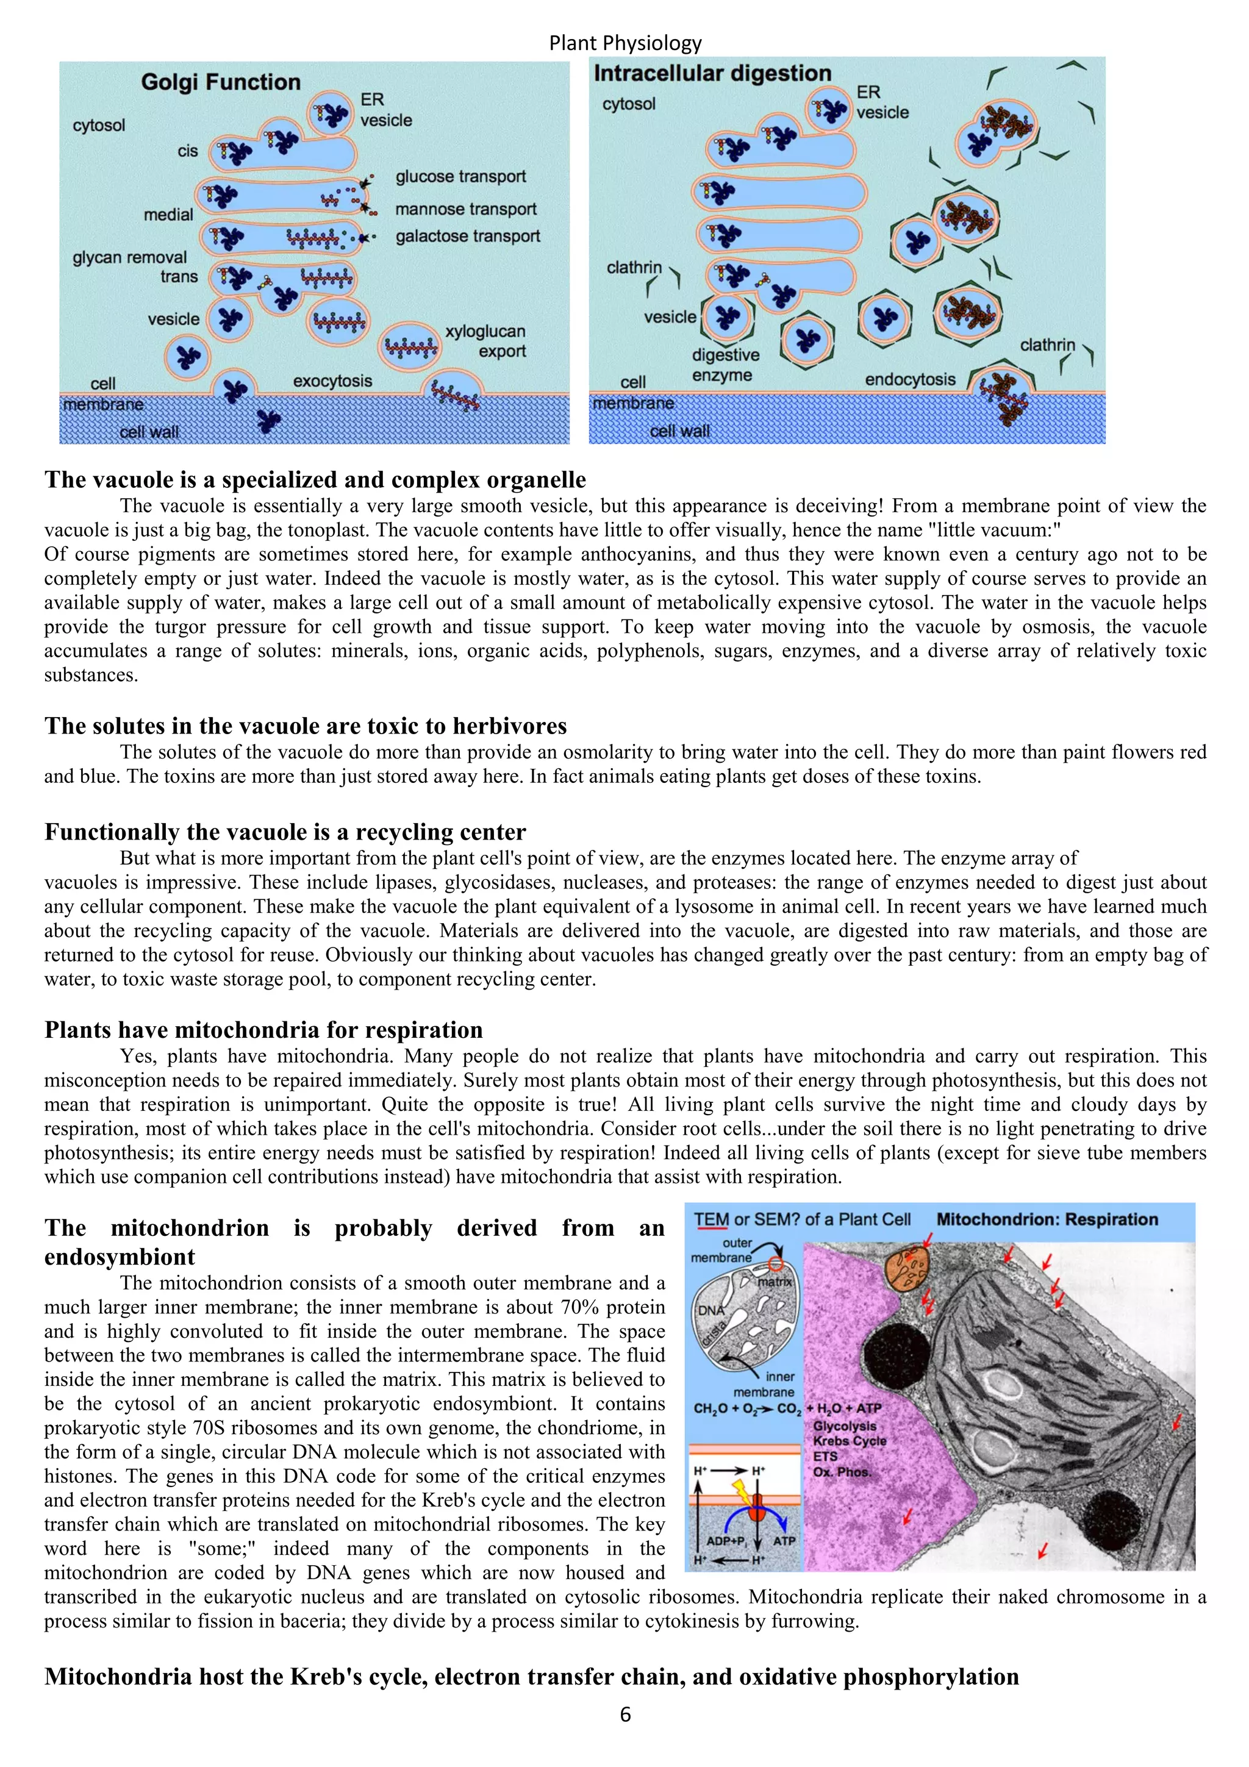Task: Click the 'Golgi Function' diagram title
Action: click(x=220, y=82)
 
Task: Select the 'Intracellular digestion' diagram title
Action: click(x=712, y=74)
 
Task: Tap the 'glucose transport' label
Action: click(x=460, y=176)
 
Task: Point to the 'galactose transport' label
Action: click(x=467, y=236)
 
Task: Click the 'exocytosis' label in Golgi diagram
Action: click(x=332, y=381)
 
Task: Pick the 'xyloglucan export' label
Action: click(x=485, y=341)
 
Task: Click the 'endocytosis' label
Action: click(x=910, y=379)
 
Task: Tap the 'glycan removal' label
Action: click(x=129, y=257)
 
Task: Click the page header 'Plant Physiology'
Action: click(x=625, y=43)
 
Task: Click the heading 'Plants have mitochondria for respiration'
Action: click(x=263, y=1030)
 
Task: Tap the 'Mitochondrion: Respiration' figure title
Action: click(x=1047, y=1220)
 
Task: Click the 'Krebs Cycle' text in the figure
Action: click(x=850, y=1441)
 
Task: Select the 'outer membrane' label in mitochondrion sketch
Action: click(x=723, y=1250)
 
